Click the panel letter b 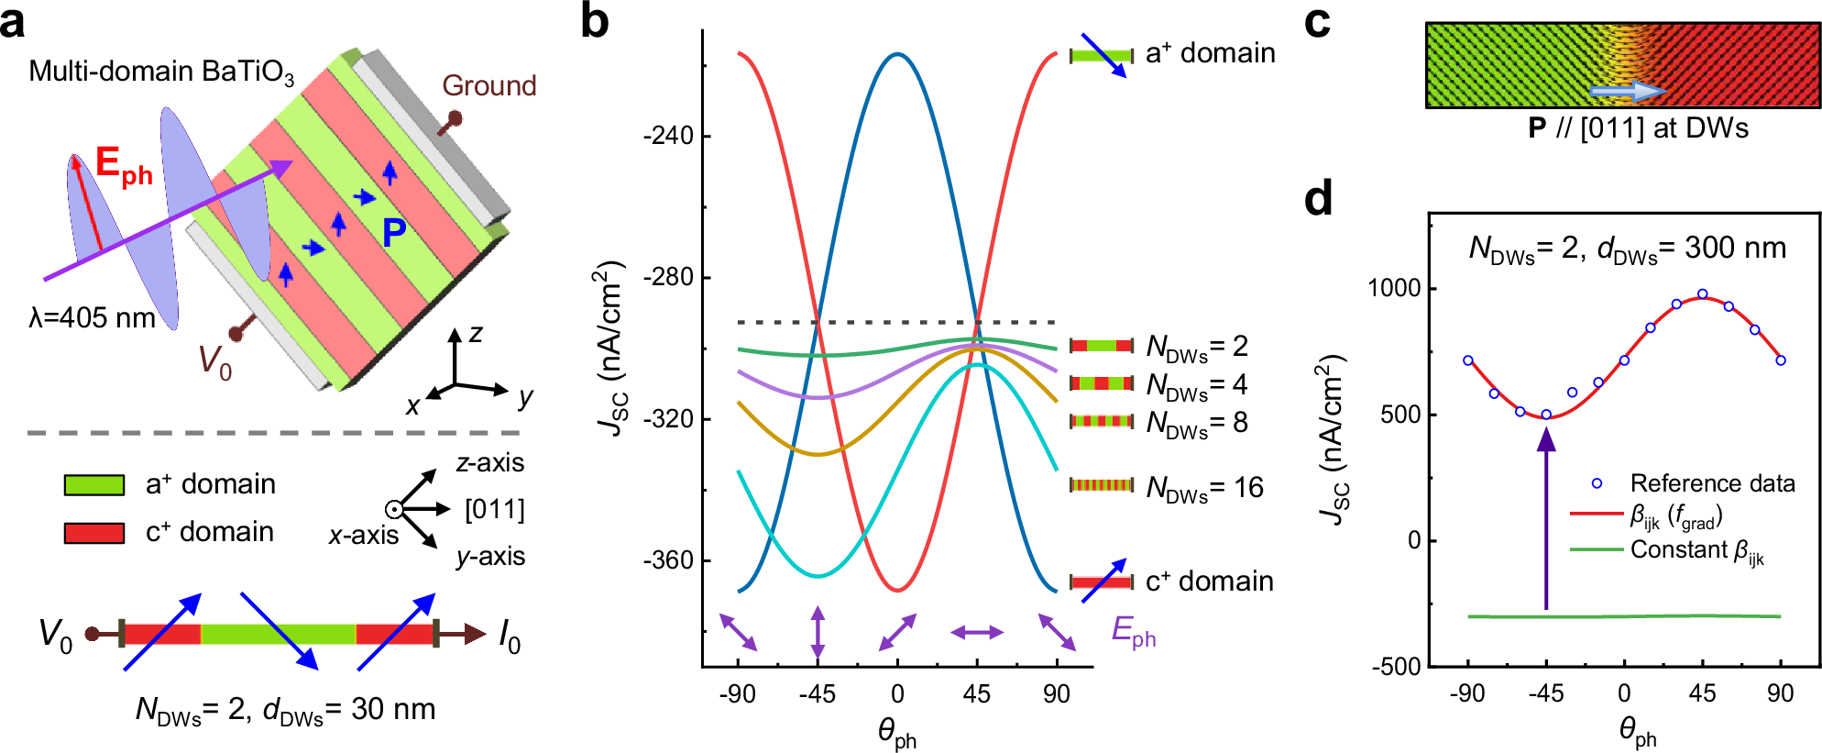(x=595, y=22)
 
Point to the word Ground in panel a (x=488, y=85)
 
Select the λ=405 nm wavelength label (x=92, y=318)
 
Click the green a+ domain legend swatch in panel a (x=94, y=484)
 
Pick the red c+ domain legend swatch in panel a (x=94, y=533)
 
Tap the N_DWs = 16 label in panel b (x=1204, y=488)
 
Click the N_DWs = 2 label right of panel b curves (x=1197, y=347)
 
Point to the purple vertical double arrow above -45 (x=818, y=631)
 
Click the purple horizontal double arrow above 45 (x=977, y=632)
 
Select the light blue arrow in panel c (x=1628, y=91)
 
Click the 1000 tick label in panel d (x=1394, y=288)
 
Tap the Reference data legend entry (x=1711, y=483)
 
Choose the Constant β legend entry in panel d (x=1696, y=550)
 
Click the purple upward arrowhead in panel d (x=1546, y=440)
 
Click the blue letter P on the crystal (x=394, y=233)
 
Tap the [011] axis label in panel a (x=494, y=509)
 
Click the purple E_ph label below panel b (x=1133, y=631)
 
